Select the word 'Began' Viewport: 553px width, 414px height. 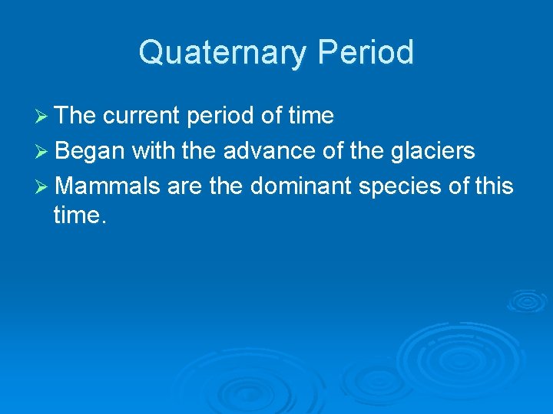coord(90,152)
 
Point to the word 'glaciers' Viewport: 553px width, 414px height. coord(433,152)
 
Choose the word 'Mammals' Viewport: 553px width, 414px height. coord(107,187)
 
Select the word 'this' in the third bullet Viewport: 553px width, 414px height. coord(495,187)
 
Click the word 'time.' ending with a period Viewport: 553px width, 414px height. coord(80,216)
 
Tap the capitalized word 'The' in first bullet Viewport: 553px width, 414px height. coord(75,117)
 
